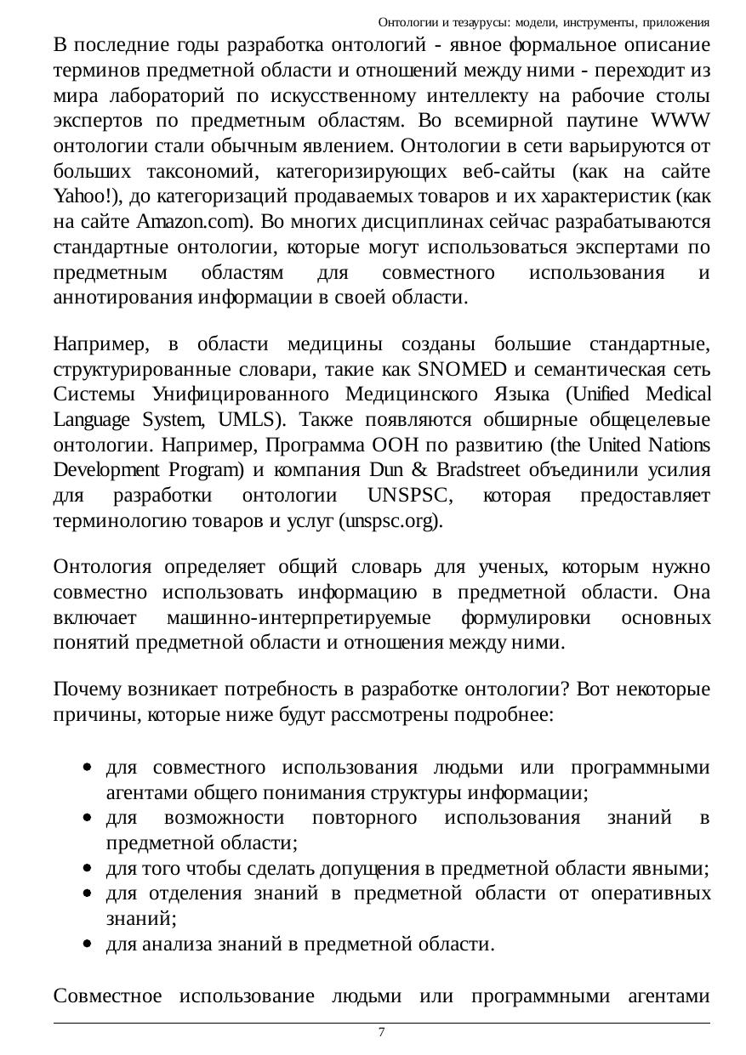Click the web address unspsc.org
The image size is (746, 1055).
tap(389, 521)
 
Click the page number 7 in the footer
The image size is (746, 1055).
tap(381, 1032)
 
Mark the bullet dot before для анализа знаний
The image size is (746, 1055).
tap(88, 944)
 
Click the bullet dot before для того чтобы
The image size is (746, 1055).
tap(88, 869)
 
